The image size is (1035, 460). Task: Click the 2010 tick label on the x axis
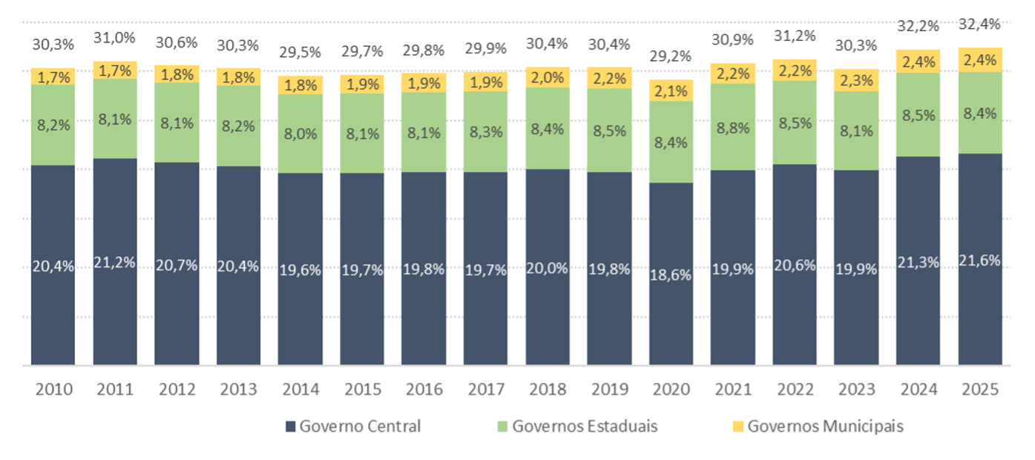click(53, 389)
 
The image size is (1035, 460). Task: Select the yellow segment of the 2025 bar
click(980, 59)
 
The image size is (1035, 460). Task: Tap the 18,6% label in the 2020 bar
click(671, 275)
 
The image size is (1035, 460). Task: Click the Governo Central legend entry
click(352, 427)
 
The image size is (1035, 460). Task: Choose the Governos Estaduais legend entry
click(577, 427)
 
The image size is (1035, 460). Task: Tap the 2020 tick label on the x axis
click(671, 389)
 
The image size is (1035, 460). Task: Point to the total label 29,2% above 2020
click(671, 56)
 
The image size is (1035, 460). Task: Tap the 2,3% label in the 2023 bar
click(856, 81)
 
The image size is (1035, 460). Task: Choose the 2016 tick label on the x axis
click(424, 389)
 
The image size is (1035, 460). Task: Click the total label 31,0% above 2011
click(115, 37)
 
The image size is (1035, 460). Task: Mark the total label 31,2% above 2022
click(795, 36)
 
